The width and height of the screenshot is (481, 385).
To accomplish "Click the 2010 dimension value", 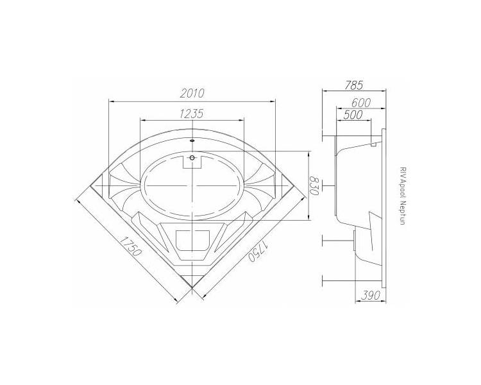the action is [x=192, y=93].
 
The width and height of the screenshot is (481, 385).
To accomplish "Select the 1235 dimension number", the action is [x=192, y=114].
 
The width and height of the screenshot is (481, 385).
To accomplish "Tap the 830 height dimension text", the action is [x=314, y=185].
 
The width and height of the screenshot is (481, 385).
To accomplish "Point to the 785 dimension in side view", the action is [x=353, y=85].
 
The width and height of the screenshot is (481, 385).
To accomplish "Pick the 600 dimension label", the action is [x=361, y=103].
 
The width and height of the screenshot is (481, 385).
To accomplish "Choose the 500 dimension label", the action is [x=353, y=115].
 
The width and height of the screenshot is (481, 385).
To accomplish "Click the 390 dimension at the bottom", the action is [x=370, y=295].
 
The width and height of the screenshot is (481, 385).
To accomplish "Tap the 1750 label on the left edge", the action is [x=130, y=246].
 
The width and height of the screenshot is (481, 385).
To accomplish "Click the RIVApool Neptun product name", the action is [x=403, y=196].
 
